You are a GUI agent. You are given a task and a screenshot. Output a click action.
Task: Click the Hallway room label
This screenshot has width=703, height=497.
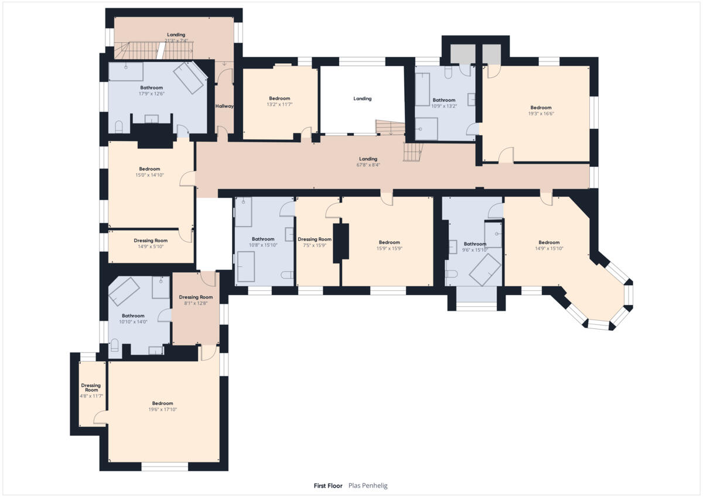pos(224,106)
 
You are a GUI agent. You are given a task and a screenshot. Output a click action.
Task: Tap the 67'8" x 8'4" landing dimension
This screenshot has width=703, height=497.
pos(368,165)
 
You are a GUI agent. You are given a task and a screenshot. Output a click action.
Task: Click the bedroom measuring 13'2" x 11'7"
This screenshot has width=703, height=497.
pos(279,101)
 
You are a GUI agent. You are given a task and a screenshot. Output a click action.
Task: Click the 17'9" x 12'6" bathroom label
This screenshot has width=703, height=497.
pos(151,91)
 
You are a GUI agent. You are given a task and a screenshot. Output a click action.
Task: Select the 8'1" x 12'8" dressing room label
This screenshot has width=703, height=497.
pos(196,300)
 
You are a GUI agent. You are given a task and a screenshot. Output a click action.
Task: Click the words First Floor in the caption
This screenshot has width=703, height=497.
pos(328,485)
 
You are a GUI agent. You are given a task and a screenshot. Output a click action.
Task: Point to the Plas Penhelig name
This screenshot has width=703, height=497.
pos(368,485)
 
